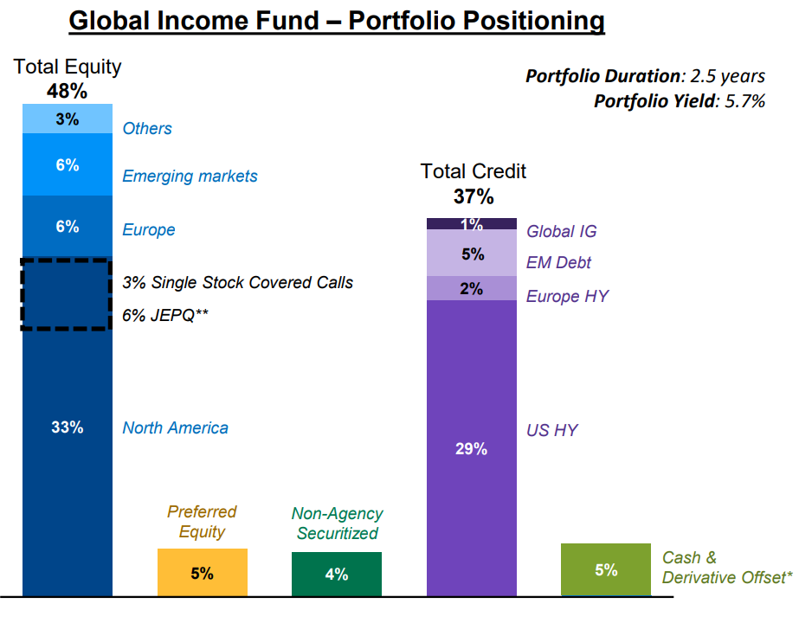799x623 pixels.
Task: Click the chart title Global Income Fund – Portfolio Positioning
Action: pos(336,20)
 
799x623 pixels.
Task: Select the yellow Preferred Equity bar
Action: pos(202,572)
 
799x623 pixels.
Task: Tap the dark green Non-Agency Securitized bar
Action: pos(336,574)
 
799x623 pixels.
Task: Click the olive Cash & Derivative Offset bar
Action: pos(606,569)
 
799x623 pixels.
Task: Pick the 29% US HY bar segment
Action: pos(471,448)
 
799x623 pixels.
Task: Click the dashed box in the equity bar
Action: pos(68,294)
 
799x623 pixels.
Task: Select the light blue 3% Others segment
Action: pos(68,119)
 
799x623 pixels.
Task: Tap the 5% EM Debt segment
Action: pos(471,254)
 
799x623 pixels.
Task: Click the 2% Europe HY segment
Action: pos(471,288)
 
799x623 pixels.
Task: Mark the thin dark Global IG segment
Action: pos(471,224)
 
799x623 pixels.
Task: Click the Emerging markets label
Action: pos(190,176)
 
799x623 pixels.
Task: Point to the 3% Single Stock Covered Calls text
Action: pos(237,282)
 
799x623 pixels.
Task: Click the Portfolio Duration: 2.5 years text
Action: pos(645,76)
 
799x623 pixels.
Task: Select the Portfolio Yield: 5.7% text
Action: pos(679,101)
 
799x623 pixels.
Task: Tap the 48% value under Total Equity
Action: pos(67,91)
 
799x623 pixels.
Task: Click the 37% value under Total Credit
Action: pos(473,196)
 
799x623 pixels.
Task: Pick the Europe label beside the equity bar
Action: pos(148,229)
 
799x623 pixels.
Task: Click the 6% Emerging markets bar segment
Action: pos(68,164)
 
